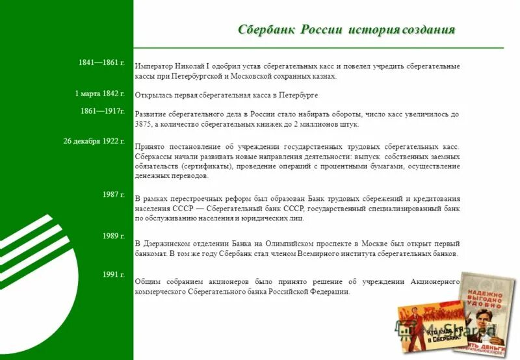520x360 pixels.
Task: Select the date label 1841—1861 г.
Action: point(101,62)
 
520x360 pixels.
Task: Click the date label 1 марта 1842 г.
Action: point(99,94)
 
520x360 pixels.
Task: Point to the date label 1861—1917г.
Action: point(103,111)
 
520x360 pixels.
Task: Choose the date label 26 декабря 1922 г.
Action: point(94,141)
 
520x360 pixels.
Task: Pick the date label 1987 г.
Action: point(113,194)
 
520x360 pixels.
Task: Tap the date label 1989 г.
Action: point(113,236)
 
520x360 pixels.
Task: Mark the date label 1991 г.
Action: point(113,275)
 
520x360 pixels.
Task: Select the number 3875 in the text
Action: point(144,124)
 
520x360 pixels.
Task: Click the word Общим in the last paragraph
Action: point(148,282)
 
